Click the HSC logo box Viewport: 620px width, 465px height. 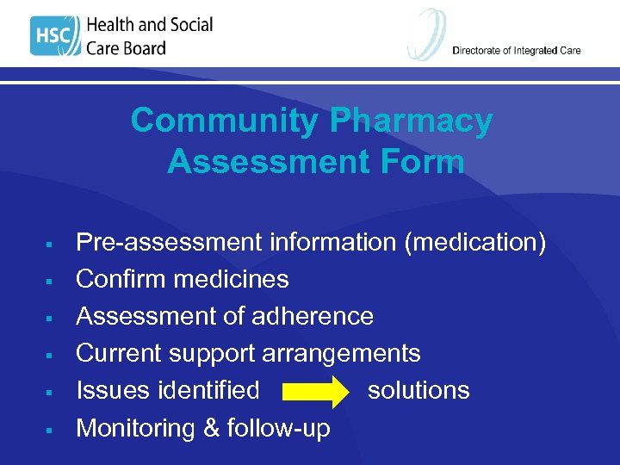coord(54,37)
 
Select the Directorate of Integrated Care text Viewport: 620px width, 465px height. coord(517,51)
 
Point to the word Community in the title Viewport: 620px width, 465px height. coord(225,121)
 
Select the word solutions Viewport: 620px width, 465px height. coord(418,390)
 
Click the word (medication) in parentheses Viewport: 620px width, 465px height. coord(475,243)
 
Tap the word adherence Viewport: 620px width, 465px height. coord(313,316)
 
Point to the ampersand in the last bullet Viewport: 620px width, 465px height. coord(209,427)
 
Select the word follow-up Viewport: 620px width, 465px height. coord(278,428)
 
